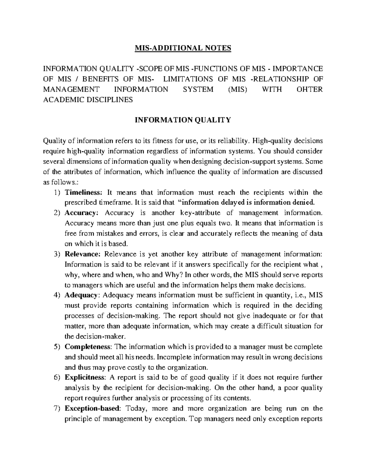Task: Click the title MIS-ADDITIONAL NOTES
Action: click(183, 48)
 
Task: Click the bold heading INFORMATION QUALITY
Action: click(183, 120)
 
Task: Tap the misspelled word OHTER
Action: click(310, 89)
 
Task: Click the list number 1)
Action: click(56, 193)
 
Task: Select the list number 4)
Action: click(56, 295)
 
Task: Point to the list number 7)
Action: click(56, 409)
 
